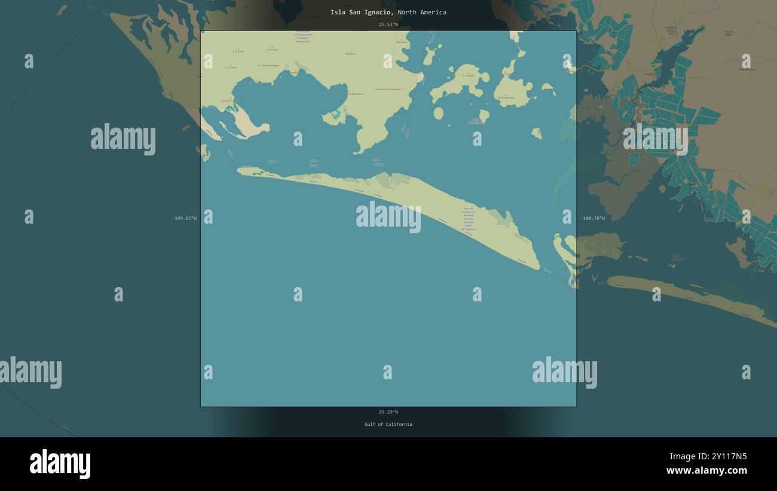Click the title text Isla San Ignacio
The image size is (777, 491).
click(x=361, y=13)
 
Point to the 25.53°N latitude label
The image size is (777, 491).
click(x=388, y=25)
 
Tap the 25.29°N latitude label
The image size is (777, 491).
click(x=388, y=412)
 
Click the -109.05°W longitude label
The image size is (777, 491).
click(x=184, y=218)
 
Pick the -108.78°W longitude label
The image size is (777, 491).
click(x=592, y=218)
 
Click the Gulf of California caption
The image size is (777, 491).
click(x=388, y=425)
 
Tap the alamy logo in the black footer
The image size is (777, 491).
click(x=60, y=464)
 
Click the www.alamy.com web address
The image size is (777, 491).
click(x=706, y=471)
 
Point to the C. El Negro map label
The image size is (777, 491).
click(x=468, y=76)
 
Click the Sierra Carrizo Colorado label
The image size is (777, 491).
click(x=389, y=90)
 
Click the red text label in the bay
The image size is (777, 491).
click(x=476, y=121)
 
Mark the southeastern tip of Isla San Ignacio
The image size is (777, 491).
click(x=539, y=268)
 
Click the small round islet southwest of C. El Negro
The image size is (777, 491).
click(x=438, y=113)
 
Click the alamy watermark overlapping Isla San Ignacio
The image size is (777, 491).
click(x=389, y=216)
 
